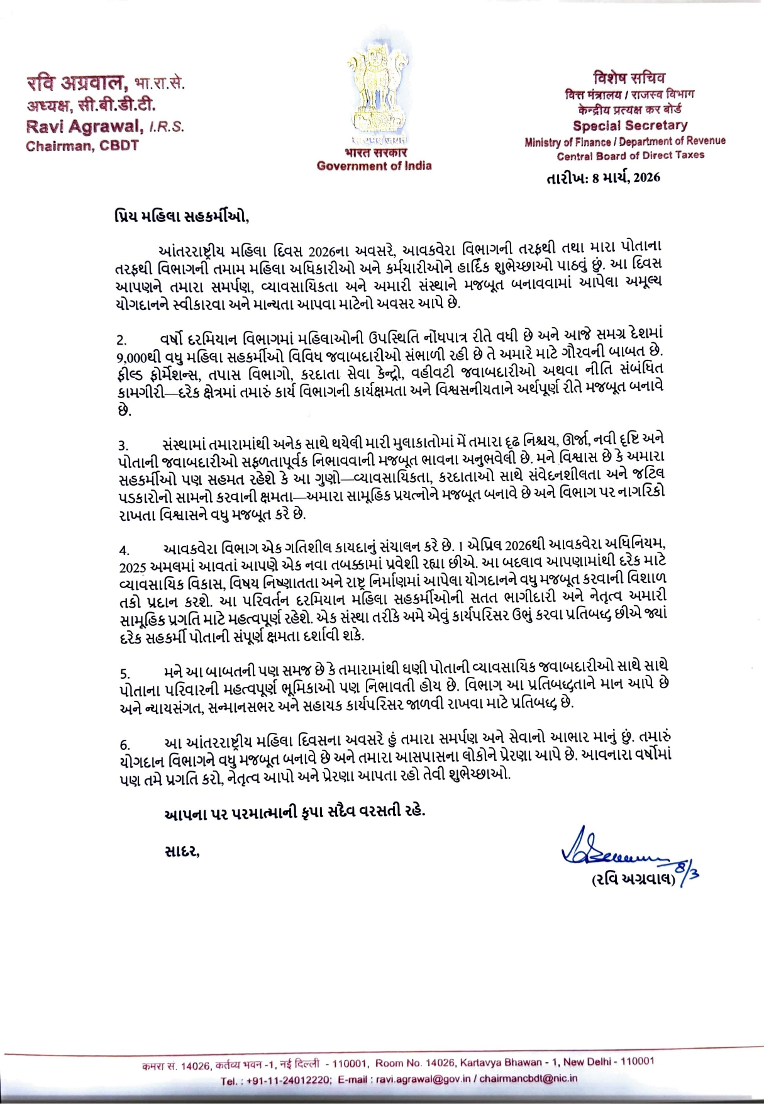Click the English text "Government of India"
coord(374,166)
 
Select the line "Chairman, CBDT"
coord(82,146)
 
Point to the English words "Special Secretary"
coord(629,125)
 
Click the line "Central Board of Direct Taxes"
coord(630,155)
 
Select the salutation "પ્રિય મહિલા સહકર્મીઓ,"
coord(182,217)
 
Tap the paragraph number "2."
coord(122,340)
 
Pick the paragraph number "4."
coord(125,551)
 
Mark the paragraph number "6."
coord(125,745)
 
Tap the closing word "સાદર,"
coord(182,852)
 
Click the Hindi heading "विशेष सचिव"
coord(629,78)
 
